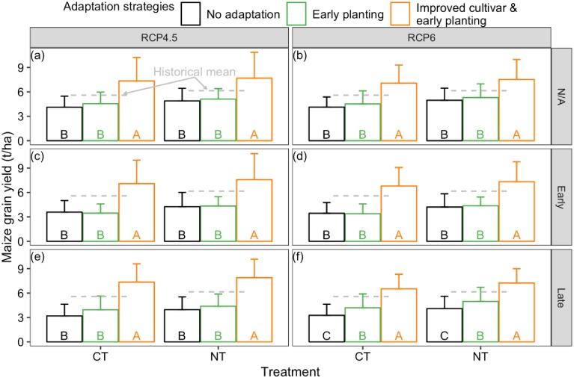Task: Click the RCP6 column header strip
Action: click(420, 38)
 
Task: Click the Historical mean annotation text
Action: click(195, 72)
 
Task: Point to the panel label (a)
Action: click(37, 55)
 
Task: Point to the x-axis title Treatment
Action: click(290, 370)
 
